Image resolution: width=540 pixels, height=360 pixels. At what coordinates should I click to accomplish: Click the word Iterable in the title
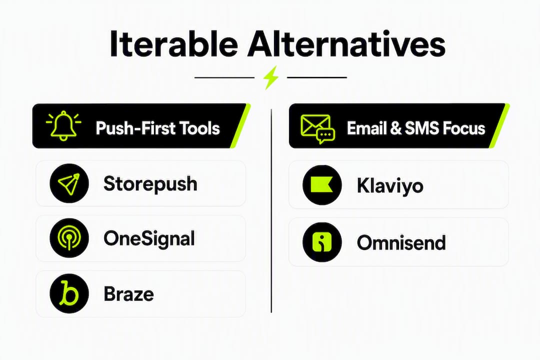[x=173, y=44]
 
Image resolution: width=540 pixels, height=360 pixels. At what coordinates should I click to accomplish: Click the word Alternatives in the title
[x=346, y=44]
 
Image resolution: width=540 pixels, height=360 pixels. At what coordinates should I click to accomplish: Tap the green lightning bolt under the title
[x=270, y=77]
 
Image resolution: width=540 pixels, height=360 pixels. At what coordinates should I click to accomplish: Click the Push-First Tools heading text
[x=157, y=128]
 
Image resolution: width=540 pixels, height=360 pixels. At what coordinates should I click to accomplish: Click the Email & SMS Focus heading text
[x=415, y=128]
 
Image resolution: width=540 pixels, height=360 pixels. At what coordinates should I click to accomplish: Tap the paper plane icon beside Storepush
[x=69, y=183]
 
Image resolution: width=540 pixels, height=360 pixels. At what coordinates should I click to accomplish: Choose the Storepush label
[x=150, y=184]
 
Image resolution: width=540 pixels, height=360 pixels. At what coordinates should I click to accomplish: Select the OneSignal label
[x=149, y=238]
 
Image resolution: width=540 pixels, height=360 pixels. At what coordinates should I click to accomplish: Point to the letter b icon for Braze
[x=69, y=293]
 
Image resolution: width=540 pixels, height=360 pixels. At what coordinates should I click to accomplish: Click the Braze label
[x=129, y=294]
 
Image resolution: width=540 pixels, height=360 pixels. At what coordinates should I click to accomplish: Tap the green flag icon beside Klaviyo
[x=322, y=185]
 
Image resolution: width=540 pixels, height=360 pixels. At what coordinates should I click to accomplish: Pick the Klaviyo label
[x=390, y=186]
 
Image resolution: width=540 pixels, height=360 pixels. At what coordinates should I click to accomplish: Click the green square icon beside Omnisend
[x=322, y=242]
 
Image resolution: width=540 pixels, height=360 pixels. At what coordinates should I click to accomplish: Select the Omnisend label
[x=401, y=242]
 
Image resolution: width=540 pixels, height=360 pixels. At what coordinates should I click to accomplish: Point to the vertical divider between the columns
[x=271, y=211]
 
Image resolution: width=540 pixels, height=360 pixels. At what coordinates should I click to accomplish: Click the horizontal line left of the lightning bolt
[x=224, y=77]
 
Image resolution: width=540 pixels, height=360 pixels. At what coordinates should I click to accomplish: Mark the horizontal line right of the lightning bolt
[x=317, y=77]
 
